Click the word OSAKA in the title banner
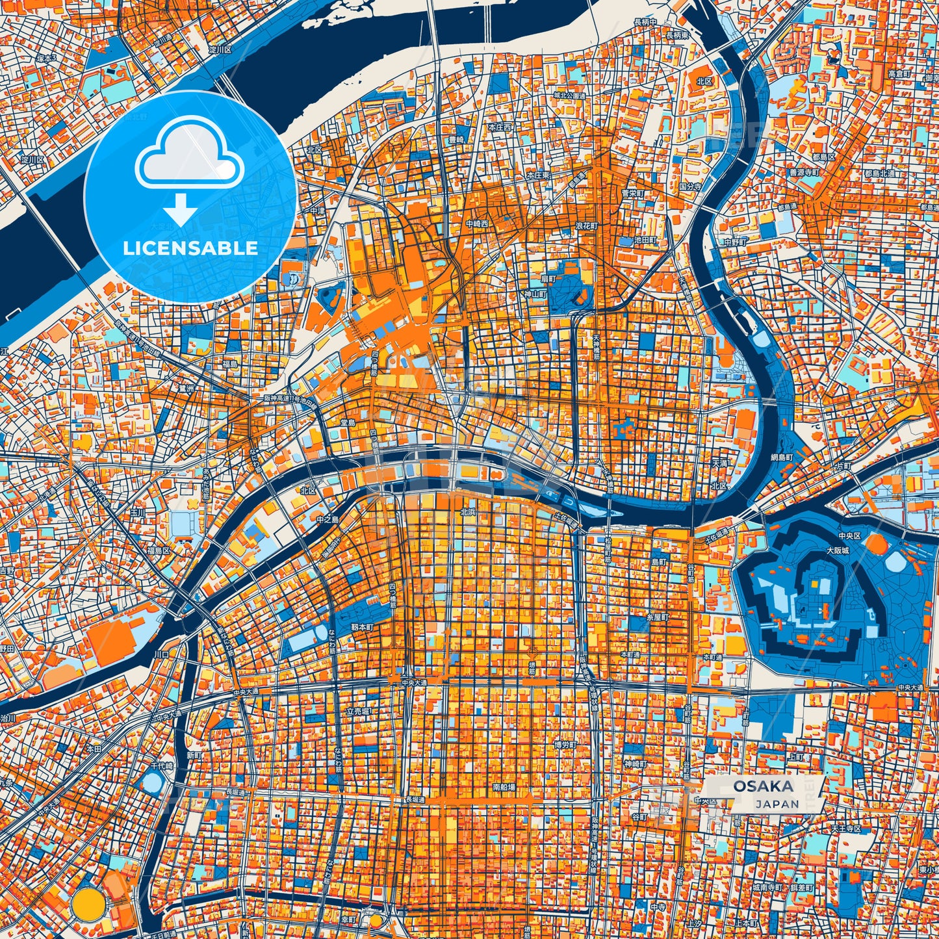764,786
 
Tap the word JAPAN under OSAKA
777,804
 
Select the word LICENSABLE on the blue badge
190,248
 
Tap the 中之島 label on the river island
329,520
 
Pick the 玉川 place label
138,513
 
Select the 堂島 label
348,423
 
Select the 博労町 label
565,744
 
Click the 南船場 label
504,787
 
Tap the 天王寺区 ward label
845,829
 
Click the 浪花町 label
585,225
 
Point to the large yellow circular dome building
89,903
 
